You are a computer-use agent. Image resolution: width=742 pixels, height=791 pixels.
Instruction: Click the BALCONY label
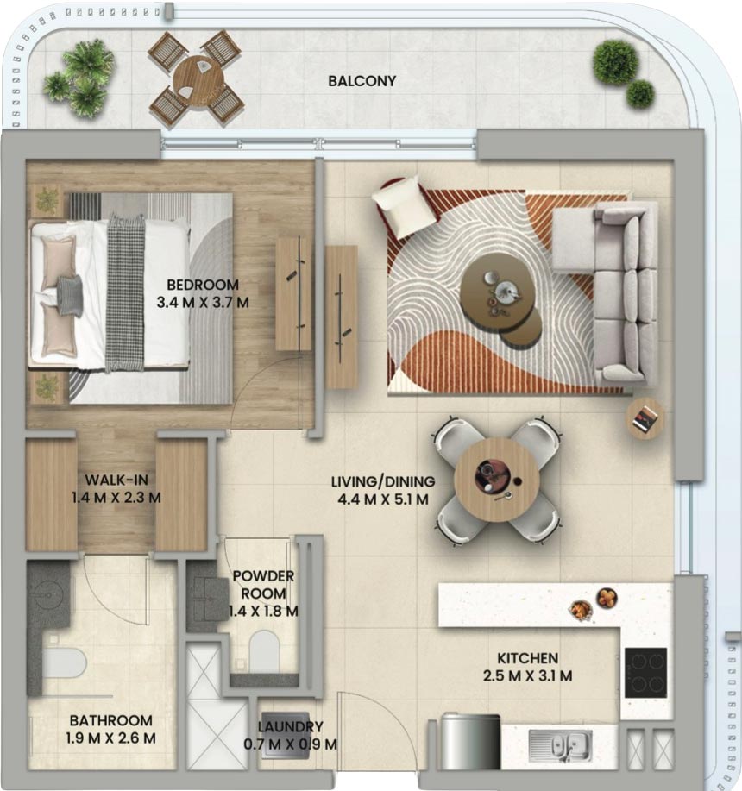pos(362,81)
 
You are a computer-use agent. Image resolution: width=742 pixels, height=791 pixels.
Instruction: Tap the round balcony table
pos(198,79)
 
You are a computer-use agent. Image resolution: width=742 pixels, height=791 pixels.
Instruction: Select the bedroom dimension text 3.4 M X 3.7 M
pos(203,303)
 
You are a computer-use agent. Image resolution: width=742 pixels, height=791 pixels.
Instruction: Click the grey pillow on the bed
pos(70,296)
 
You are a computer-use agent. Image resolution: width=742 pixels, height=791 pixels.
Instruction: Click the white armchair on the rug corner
pos(404,206)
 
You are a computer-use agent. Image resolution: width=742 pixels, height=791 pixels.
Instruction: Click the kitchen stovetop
pos(645,673)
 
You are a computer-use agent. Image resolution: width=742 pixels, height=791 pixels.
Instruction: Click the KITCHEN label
pos(528,658)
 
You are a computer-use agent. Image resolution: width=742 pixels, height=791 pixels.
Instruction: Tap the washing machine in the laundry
pos(286,734)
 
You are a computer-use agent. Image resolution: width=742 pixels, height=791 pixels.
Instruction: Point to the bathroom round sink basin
pos(48,596)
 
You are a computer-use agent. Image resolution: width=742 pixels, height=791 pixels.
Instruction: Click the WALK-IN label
pos(116,480)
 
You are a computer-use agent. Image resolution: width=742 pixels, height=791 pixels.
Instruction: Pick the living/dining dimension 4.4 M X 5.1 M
pos(383,499)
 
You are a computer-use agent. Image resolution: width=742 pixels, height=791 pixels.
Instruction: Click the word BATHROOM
pos(111,720)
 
